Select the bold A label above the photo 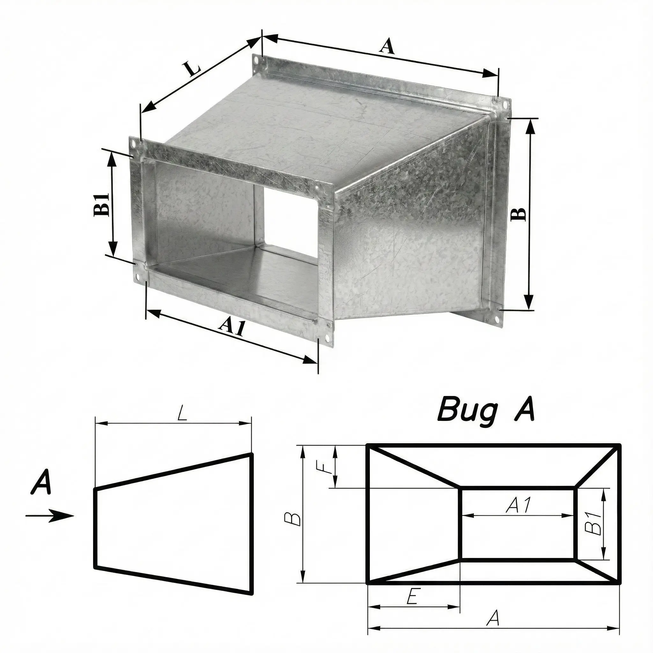(x=387, y=46)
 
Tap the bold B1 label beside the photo (x=101, y=204)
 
